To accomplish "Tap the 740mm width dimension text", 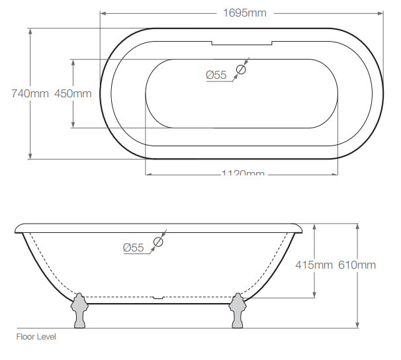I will [30, 93].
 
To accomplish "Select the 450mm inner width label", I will [73, 93].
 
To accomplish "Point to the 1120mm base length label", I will [242, 173].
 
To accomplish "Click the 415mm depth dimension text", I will [314, 265].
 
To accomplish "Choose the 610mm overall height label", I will [357, 265].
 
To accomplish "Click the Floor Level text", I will [36, 337].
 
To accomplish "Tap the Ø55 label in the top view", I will [216, 75].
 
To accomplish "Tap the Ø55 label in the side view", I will [133, 247].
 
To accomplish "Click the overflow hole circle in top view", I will [242, 69].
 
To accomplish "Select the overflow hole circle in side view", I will [158, 242].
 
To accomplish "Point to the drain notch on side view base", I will [159, 297].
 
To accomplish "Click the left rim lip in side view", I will [19, 228].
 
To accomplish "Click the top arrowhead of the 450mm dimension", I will [73, 61].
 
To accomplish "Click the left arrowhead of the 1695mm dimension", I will [103, 13].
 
